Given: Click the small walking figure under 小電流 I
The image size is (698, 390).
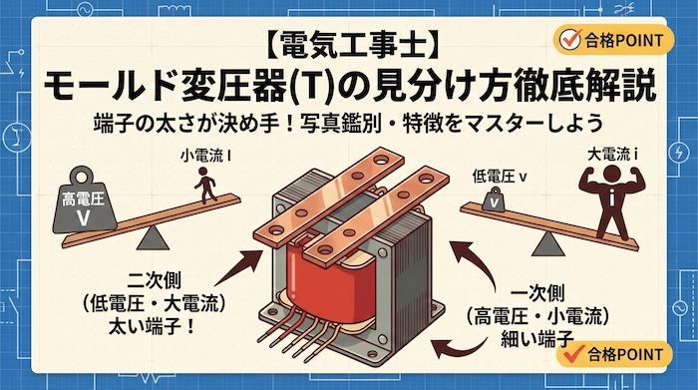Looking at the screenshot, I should (x=207, y=184).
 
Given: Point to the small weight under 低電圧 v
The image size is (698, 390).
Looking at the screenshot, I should (x=491, y=201).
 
